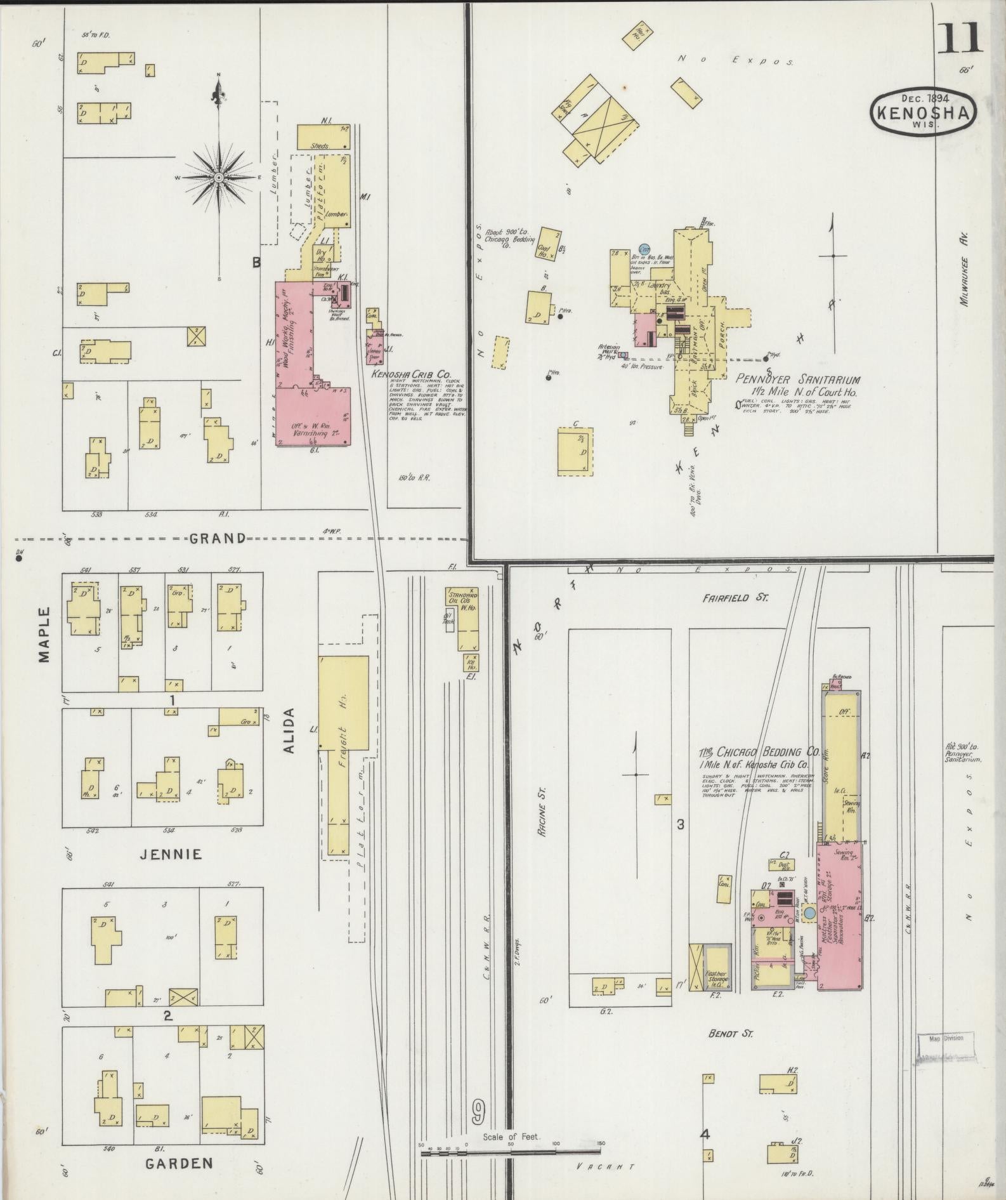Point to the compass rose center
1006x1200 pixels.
coord(218,177)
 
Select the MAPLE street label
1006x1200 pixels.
coord(44,635)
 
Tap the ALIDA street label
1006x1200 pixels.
coord(289,730)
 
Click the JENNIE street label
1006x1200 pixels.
coord(171,854)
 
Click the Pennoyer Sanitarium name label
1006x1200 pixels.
coord(798,380)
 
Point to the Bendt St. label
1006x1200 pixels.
coord(731,1034)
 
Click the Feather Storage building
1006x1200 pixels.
coord(717,968)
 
